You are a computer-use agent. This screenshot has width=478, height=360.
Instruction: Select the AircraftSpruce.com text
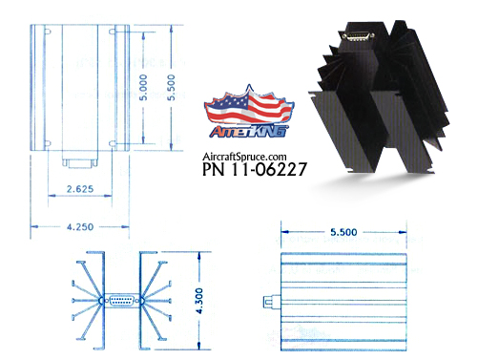coord(245,156)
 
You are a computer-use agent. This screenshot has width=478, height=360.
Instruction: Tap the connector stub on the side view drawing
coord(267,305)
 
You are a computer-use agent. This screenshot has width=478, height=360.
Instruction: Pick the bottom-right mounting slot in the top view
coord(114,144)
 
